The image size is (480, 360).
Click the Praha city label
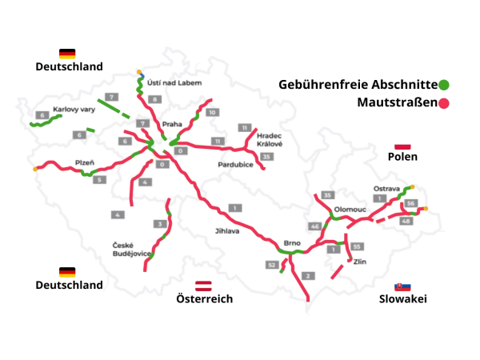point(172,125)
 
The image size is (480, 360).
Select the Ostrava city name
point(387,189)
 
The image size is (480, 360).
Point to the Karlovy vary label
point(74,110)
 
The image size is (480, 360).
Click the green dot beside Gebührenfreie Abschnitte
point(444,84)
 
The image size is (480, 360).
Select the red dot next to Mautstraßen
point(444,103)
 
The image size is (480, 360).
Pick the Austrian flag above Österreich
point(204,285)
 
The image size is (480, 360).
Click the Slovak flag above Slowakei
point(403,286)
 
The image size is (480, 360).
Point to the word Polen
point(404,157)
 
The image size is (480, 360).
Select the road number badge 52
point(272,264)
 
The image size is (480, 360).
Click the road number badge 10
point(212,113)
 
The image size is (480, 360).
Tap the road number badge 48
point(406,221)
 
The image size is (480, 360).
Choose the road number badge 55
point(357,246)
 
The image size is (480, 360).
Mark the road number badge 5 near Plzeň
point(99,180)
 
